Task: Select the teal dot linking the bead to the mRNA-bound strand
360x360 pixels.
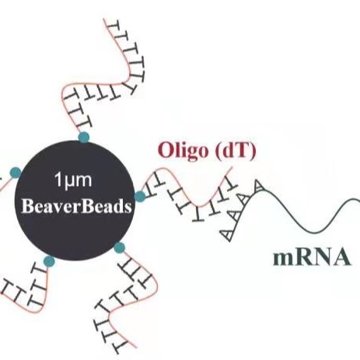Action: point(140,195)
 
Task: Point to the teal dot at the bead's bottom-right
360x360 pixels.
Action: point(119,247)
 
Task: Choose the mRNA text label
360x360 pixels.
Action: point(310,257)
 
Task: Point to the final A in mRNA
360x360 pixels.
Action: point(341,257)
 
